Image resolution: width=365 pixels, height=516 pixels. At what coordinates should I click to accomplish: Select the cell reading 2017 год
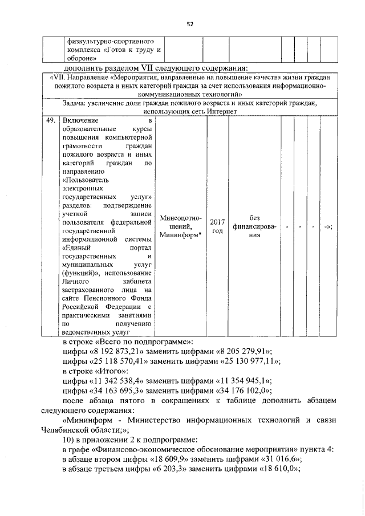click(x=217, y=226)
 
